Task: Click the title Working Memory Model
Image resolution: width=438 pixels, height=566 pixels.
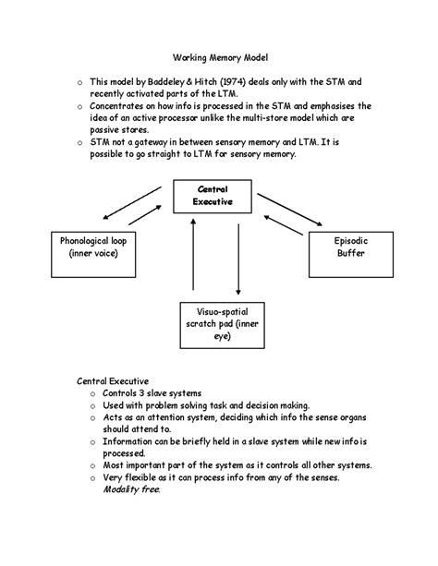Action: point(218,56)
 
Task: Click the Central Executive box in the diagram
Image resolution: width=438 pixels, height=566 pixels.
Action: point(213,195)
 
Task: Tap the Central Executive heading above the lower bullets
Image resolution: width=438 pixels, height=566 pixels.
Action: point(110,379)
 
